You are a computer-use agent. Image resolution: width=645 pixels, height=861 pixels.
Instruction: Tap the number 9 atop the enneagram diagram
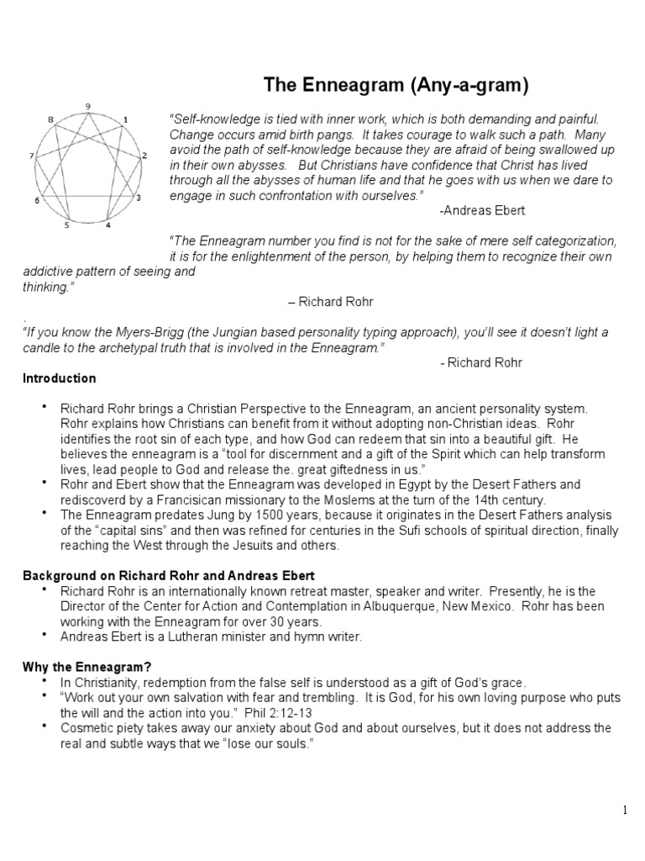point(88,105)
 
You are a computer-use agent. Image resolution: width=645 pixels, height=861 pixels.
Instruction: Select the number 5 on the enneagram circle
point(67,225)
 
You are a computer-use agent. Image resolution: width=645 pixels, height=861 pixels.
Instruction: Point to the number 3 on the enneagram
point(138,198)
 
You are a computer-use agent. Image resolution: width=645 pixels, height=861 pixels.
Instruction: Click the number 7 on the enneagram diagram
point(31,156)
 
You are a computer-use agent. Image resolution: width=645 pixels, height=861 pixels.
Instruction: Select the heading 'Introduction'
point(59,378)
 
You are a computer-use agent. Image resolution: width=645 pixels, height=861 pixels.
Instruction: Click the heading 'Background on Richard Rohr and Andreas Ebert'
point(168,575)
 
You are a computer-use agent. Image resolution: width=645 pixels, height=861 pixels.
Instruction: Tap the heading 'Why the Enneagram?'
point(81,666)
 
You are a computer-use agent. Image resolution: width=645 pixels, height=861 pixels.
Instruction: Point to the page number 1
point(626,810)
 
